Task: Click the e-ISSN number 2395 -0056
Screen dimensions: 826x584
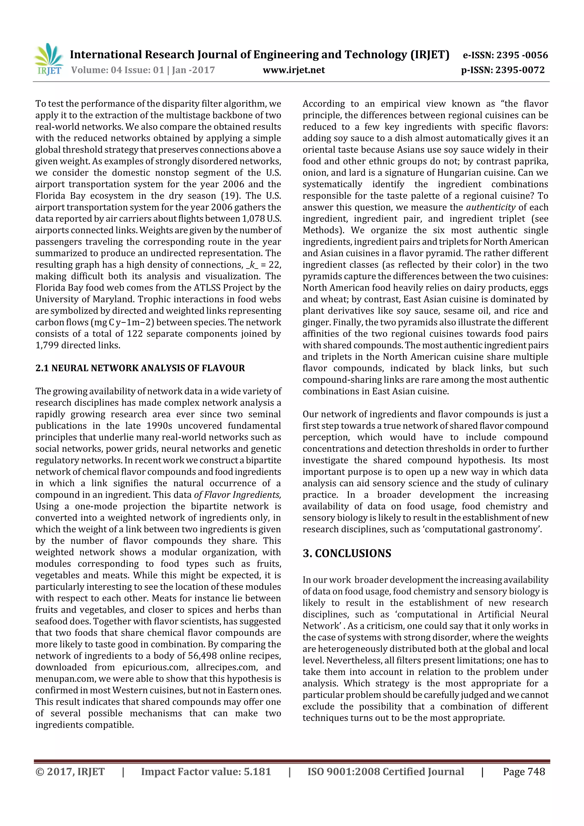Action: point(522,55)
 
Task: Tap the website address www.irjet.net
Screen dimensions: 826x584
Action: point(294,70)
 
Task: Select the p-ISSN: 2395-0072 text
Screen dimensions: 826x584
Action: point(503,70)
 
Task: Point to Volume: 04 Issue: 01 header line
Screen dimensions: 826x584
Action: point(143,70)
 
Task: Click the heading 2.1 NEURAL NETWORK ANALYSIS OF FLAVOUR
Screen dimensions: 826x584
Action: point(140,368)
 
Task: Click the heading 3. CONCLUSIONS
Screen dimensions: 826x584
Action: point(347,553)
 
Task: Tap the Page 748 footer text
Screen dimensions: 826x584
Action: point(524,772)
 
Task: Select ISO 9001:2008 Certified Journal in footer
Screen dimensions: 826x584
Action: point(385,772)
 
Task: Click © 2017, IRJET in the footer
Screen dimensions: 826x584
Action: point(70,772)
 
